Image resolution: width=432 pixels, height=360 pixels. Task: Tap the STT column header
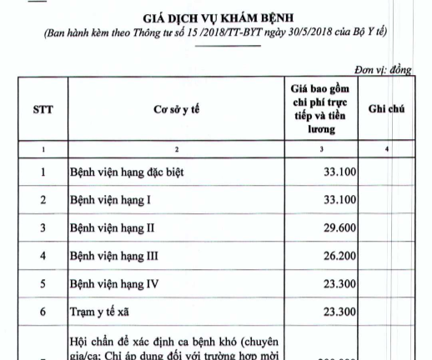coord(43,109)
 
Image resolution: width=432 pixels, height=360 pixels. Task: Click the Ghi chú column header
coord(386,109)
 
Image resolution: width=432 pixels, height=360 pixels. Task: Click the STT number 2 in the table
coord(43,200)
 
